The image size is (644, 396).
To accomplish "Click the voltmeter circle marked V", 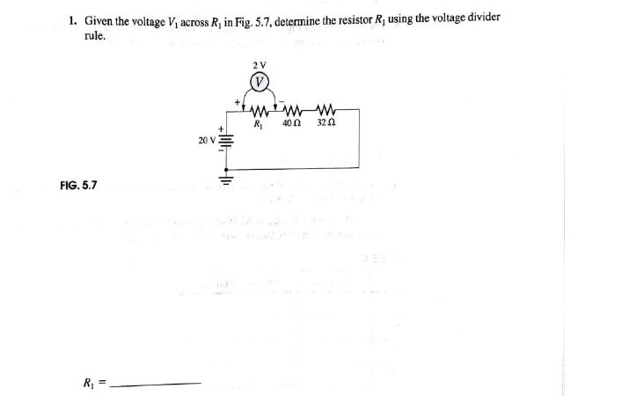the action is click(x=260, y=83).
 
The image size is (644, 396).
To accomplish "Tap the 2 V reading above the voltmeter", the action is click(x=259, y=65).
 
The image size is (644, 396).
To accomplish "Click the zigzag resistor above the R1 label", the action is click(x=259, y=111).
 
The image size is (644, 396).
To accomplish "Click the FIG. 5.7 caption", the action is click(x=79, y=186).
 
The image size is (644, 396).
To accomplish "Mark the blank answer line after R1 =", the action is click(x=159, y=383).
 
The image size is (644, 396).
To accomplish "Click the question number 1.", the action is click(x=73, y=20).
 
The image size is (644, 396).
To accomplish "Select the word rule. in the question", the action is click(x=95, y=36).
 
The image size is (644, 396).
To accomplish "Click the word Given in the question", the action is click(x=99, y=20).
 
